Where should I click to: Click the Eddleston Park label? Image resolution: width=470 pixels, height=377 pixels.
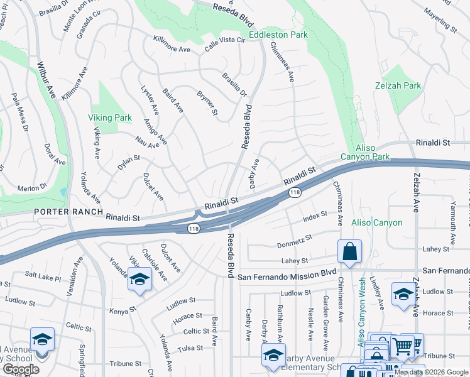coord(278,35)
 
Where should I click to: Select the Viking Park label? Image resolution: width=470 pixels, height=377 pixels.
coord(110,117)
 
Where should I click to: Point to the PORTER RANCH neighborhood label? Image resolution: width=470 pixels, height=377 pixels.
coord(69,212)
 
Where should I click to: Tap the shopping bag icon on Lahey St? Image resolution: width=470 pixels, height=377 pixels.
coord(349,251)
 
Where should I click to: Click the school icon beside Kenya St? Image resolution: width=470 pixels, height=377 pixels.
coord(139,280)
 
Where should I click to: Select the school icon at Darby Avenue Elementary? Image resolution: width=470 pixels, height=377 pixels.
coord(273,355)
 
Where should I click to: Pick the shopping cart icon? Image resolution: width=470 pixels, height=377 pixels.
coord(402,346)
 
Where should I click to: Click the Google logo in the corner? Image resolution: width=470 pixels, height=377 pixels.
coord(21,369)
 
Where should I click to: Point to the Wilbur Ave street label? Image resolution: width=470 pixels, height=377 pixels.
coord(46,79)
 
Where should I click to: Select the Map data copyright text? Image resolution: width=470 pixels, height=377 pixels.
coord(432,372)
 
